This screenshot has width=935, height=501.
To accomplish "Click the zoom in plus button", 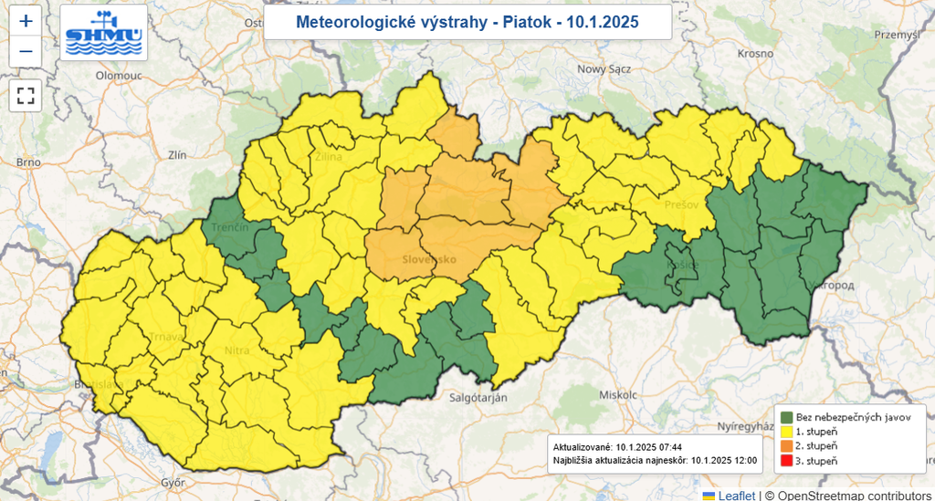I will [26, 21].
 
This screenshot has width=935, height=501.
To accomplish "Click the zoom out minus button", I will [26, 51].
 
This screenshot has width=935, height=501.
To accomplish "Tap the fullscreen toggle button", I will [26, 95].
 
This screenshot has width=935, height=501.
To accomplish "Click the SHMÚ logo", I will [104, 32].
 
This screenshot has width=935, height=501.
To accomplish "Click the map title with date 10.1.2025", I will [467, 22].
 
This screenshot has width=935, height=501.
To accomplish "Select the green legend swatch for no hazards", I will [786, 416].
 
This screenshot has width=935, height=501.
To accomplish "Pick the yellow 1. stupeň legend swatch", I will [786, 431].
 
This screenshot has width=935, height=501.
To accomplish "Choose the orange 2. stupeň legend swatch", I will [786, 445].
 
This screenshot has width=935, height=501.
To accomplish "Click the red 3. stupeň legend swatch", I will [786, 460].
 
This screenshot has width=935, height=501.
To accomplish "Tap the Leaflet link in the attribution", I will [735, 495].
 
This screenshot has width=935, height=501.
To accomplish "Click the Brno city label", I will [28, 162].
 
